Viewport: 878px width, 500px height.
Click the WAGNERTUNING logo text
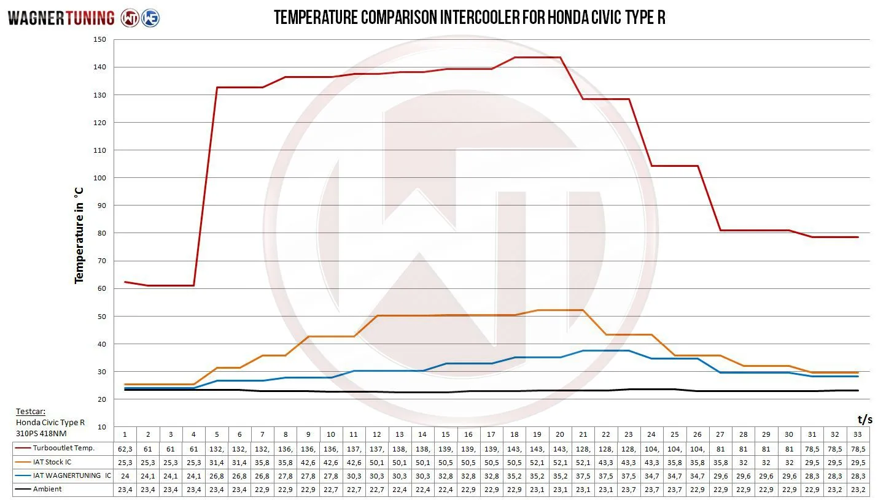[x=61, y=18]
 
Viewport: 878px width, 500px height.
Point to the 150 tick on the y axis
[x=99, y=39]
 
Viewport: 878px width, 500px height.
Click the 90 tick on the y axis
[x=101, y=205]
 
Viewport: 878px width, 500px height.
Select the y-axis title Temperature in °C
[x=79, y=235]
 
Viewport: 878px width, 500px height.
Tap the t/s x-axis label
[x=864, y=420]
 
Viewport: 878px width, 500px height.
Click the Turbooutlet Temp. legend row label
[x=64, y=448]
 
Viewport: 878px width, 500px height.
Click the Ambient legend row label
[x=47, y=489]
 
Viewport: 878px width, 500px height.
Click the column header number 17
[x=491, y=434]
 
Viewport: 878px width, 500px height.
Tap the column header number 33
[x=858, y=434]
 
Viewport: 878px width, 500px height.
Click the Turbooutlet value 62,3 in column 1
[x=125, y=448]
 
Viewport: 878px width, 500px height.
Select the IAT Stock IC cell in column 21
[x=583, y=462]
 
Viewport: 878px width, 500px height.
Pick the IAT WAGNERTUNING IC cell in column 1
[x=125, y=475]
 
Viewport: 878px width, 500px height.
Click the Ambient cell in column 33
[x=858, y=489]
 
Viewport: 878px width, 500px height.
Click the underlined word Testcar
[x=30, y=412]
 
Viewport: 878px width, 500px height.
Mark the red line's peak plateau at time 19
[x=537, y=57]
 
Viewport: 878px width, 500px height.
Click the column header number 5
[x=217, y=434]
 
